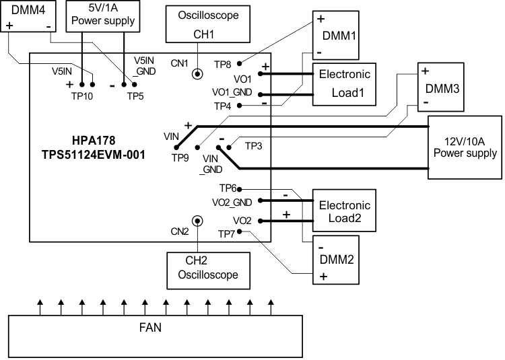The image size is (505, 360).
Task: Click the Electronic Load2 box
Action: tap(342, 211)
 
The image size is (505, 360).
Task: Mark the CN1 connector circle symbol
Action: tap(198, 75)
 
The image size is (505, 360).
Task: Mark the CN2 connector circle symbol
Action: tap(197, 221)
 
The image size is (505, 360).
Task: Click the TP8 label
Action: tap(223, 64)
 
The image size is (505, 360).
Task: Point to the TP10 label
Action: tap(82, 96)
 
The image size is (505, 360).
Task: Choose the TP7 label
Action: tap(227, 233)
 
